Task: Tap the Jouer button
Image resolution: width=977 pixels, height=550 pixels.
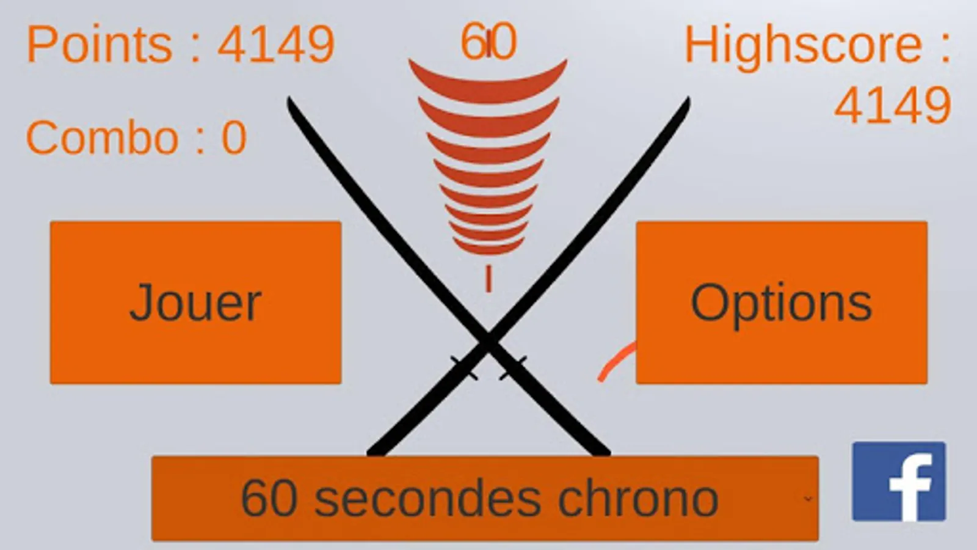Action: tap(195, 302)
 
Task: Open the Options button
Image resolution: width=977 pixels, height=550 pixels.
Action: tap(782, 302)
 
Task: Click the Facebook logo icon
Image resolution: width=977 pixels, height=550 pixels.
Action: tap(899, 482)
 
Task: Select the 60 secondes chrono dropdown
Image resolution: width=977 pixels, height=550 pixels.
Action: tap(485, 499)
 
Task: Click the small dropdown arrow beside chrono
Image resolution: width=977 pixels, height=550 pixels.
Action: tap(808, 499)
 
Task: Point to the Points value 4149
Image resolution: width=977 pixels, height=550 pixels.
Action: tap(276, 44)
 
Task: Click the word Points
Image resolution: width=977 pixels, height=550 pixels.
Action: tap(100, 44)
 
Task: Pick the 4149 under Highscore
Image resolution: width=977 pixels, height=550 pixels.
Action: tap(892, 105)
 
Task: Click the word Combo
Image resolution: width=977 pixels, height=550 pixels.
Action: tap(103, 137)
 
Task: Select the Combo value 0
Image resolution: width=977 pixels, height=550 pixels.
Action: tap(234, 138)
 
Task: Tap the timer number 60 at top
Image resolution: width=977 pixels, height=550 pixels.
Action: tap(488, 42)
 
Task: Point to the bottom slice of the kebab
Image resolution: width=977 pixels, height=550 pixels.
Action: tap(488, 248)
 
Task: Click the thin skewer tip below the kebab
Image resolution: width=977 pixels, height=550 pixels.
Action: tap(488, 278)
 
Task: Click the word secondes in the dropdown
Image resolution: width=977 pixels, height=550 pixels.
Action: tap(427, 499)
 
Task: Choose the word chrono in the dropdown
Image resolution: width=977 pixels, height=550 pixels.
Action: tap(639, 499)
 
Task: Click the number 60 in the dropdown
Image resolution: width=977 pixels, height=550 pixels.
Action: tap(269, 499)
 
